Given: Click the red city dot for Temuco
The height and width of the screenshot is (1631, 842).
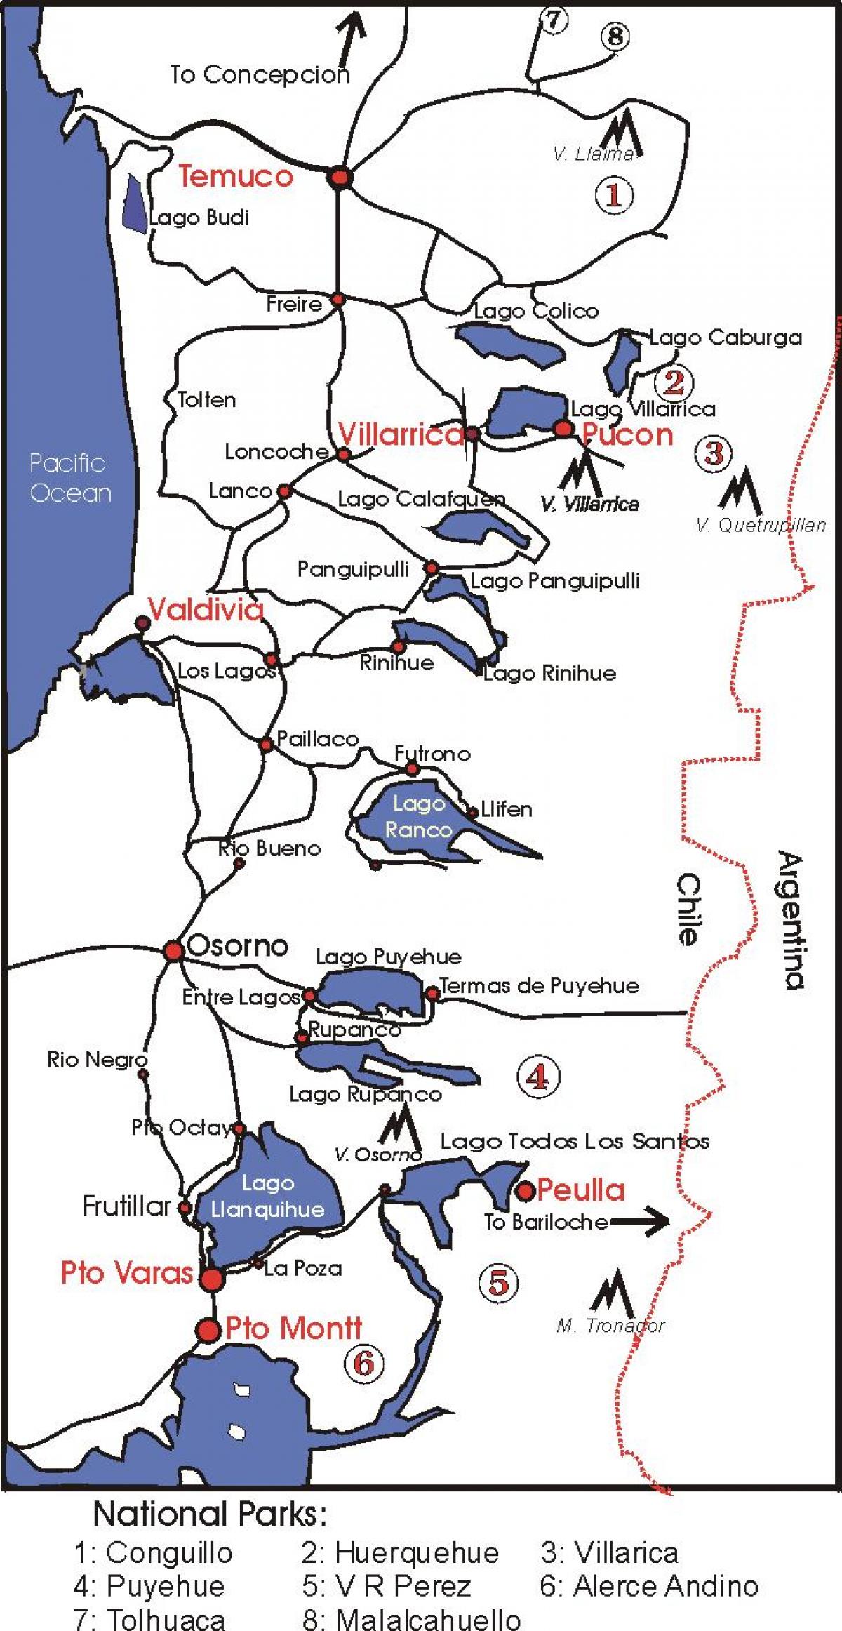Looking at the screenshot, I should coord(340,178).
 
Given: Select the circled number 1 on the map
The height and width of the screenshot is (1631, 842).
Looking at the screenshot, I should coord(614,194).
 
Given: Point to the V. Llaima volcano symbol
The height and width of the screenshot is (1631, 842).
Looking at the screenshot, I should coord(622,133).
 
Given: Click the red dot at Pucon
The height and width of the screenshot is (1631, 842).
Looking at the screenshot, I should coord(563,427).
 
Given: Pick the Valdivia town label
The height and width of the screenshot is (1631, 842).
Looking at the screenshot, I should coord(206,610).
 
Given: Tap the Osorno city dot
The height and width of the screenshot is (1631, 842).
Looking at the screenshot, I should coord(173,951).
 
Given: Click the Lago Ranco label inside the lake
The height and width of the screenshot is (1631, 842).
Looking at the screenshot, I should coord(418,817).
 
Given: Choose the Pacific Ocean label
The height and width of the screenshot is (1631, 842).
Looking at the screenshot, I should coord(69,478).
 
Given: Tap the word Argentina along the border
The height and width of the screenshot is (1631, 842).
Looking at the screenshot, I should coord(791,919).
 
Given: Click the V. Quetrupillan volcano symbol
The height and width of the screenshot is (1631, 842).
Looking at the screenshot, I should coord(740,491).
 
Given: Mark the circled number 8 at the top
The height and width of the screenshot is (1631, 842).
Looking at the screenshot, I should coord(615,35).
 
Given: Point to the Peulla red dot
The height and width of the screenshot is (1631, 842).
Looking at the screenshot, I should coord(525,1190).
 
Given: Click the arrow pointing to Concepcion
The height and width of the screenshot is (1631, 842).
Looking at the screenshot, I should coord(351,32).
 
